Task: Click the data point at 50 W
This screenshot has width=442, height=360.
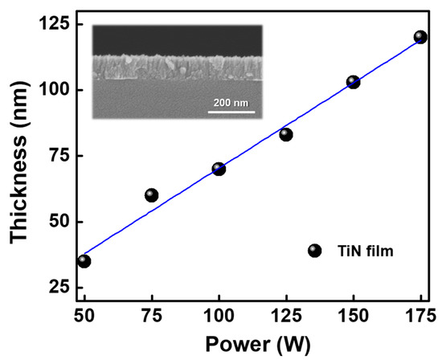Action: [x=84, y=260]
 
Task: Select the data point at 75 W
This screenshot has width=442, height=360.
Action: [x=151, y=195]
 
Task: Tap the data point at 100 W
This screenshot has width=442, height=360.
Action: [x=219, y=169]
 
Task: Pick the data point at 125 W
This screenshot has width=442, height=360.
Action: [x=286, y=134]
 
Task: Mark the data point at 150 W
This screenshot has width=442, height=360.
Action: [x=353, y=82]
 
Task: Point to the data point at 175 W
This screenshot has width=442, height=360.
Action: [x=420, y=37]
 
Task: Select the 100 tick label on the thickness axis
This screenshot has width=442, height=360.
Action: [x=55, y=90]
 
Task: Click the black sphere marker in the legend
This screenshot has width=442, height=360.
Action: [x=314, y=251]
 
